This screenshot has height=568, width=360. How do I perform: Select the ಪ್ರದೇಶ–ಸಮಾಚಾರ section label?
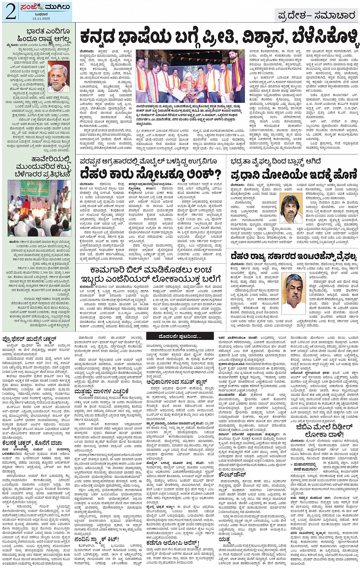click(x=316, y=16)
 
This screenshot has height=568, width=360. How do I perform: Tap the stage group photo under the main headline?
click(x=190, y=76)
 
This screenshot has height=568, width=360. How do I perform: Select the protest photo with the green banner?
click(x=40, y=208)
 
